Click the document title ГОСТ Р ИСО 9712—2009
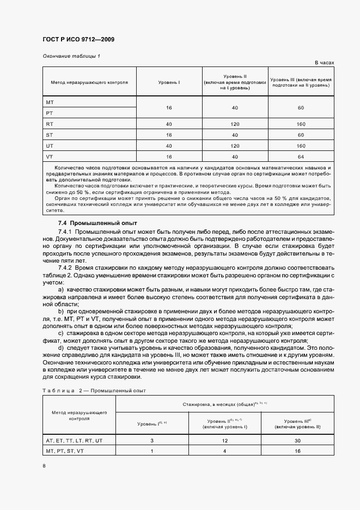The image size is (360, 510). click(x=78, y=40)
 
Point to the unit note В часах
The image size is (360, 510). click(x=324, y=63)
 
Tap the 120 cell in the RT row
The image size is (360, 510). click(x=235, y=124)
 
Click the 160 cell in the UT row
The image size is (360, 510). click(x=300, y=145)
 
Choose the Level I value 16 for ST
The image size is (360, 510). click(x=169, y=135)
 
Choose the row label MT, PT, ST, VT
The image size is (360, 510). click(x=65, y=451)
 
